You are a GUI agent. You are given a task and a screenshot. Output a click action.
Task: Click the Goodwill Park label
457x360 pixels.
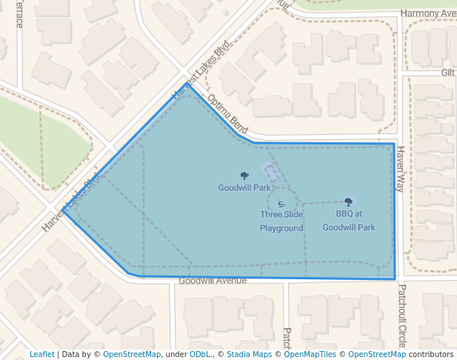click(x=244, y=187)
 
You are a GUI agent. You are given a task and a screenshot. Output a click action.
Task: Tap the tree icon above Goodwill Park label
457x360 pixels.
click(x=244, y=176)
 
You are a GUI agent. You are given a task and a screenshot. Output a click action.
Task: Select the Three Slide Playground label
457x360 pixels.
click(x=281, y=221)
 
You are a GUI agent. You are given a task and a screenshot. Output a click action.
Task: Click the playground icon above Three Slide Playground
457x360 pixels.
click(x=281, y=204)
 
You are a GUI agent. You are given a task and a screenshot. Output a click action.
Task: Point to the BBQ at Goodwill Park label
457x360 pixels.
click(x=349, y=221)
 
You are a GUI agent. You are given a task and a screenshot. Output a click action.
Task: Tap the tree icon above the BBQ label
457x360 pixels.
click(x=349, y=201)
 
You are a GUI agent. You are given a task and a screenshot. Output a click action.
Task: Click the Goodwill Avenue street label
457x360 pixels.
click(x=213, y=281)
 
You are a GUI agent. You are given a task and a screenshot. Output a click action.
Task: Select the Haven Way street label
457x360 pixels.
click(x=400, y=168)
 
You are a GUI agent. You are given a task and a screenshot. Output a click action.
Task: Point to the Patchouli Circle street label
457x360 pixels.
click(x=402, y=315)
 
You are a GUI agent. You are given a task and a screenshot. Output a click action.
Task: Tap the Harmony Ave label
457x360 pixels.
click(x=428, y=13)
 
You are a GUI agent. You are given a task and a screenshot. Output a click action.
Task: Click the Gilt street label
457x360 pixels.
click(x=448, y=72)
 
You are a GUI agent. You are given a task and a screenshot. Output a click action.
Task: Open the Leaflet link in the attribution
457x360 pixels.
click(x=42, y=354)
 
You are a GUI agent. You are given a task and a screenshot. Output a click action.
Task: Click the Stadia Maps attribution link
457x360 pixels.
click(x=249, y=354)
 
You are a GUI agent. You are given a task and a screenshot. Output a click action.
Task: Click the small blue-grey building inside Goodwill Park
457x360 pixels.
click(x=271, y=172)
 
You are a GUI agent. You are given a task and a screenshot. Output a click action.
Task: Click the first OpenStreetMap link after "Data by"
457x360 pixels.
click(x=132, y=354)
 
